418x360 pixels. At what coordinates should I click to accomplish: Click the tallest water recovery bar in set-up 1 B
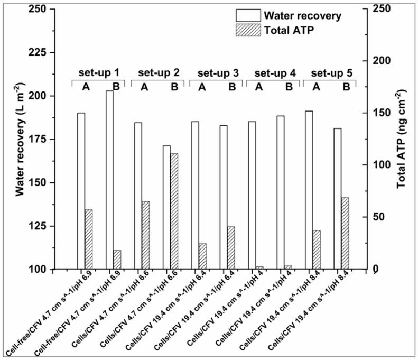[x=109, y=180]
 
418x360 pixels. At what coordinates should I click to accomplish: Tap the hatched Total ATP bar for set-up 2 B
[x=174, y=211]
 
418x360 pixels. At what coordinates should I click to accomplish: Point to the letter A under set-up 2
[x=144, y=87]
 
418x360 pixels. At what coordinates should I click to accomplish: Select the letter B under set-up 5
[x=346, y=87]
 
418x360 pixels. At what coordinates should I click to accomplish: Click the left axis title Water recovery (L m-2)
[x=20, y=139]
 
